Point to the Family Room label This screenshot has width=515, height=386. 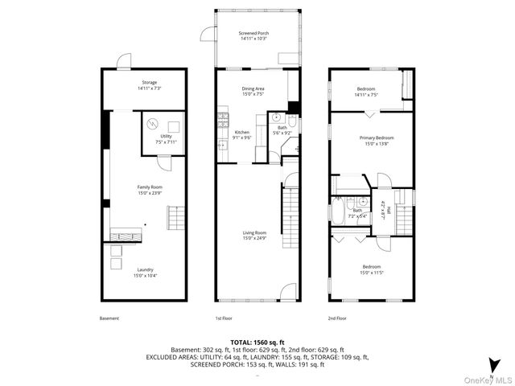pos(150,190)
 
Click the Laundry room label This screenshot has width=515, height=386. pos(145,272)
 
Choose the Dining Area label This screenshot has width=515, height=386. pos(253,90)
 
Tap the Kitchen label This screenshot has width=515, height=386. pos(242,134)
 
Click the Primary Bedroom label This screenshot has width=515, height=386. pos(376,140)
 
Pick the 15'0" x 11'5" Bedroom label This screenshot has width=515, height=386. pos(371,269)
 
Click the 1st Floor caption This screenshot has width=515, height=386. pos(224,318)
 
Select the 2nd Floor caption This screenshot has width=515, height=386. pos(338,318)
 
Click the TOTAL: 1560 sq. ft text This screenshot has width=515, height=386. pos(257,343)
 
